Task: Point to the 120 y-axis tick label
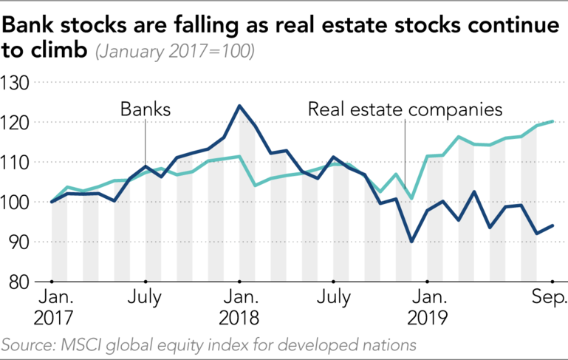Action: pyautogui.click(x=16, y=122)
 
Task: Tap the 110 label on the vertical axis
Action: pyautogui.click(x=16, y=162)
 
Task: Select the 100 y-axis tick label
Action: pyautogui.click(x=16, y=202)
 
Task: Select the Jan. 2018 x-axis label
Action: pyautogui.click(x=239, y=308)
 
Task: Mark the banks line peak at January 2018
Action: pyautogui.click(x=239, y=106)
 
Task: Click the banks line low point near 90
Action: pyautogui.click(x=411, y=241)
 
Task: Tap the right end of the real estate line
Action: pyautogui.click(x=552, y=121)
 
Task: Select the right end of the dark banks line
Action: pyautogui.click(x=552, y=225)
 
